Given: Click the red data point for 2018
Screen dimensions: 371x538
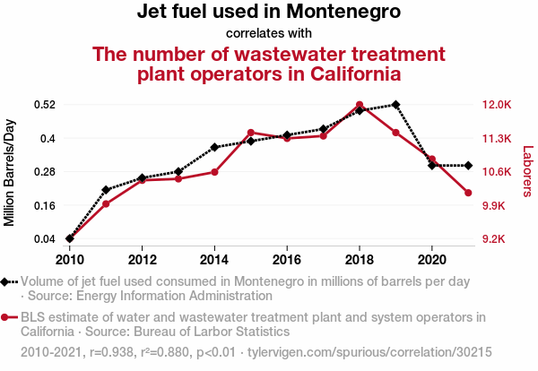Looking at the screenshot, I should point(360,105).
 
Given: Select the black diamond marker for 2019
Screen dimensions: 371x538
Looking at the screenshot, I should point(395,105).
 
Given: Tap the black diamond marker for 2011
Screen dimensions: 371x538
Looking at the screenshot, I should point(106,190).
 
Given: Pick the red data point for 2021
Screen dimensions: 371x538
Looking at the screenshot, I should point(468,193).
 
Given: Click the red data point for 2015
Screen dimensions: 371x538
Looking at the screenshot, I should point(251,133).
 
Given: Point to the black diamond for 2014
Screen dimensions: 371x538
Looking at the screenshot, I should point(214,147).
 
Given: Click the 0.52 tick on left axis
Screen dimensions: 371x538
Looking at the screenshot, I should point(45,105).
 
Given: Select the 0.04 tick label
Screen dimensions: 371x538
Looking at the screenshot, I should point(45,239).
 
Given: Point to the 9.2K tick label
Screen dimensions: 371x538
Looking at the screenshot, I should point(495,239).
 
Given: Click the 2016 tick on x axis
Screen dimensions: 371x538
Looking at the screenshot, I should point(287,259).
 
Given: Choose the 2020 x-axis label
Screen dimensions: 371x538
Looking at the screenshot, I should point(432,259).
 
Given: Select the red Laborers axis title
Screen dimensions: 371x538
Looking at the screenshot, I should point(527,172).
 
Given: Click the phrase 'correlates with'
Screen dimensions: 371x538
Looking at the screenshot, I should point(268,33).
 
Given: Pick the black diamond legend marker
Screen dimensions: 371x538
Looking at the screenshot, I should point(8,281).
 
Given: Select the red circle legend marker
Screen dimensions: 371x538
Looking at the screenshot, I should point(8,317).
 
